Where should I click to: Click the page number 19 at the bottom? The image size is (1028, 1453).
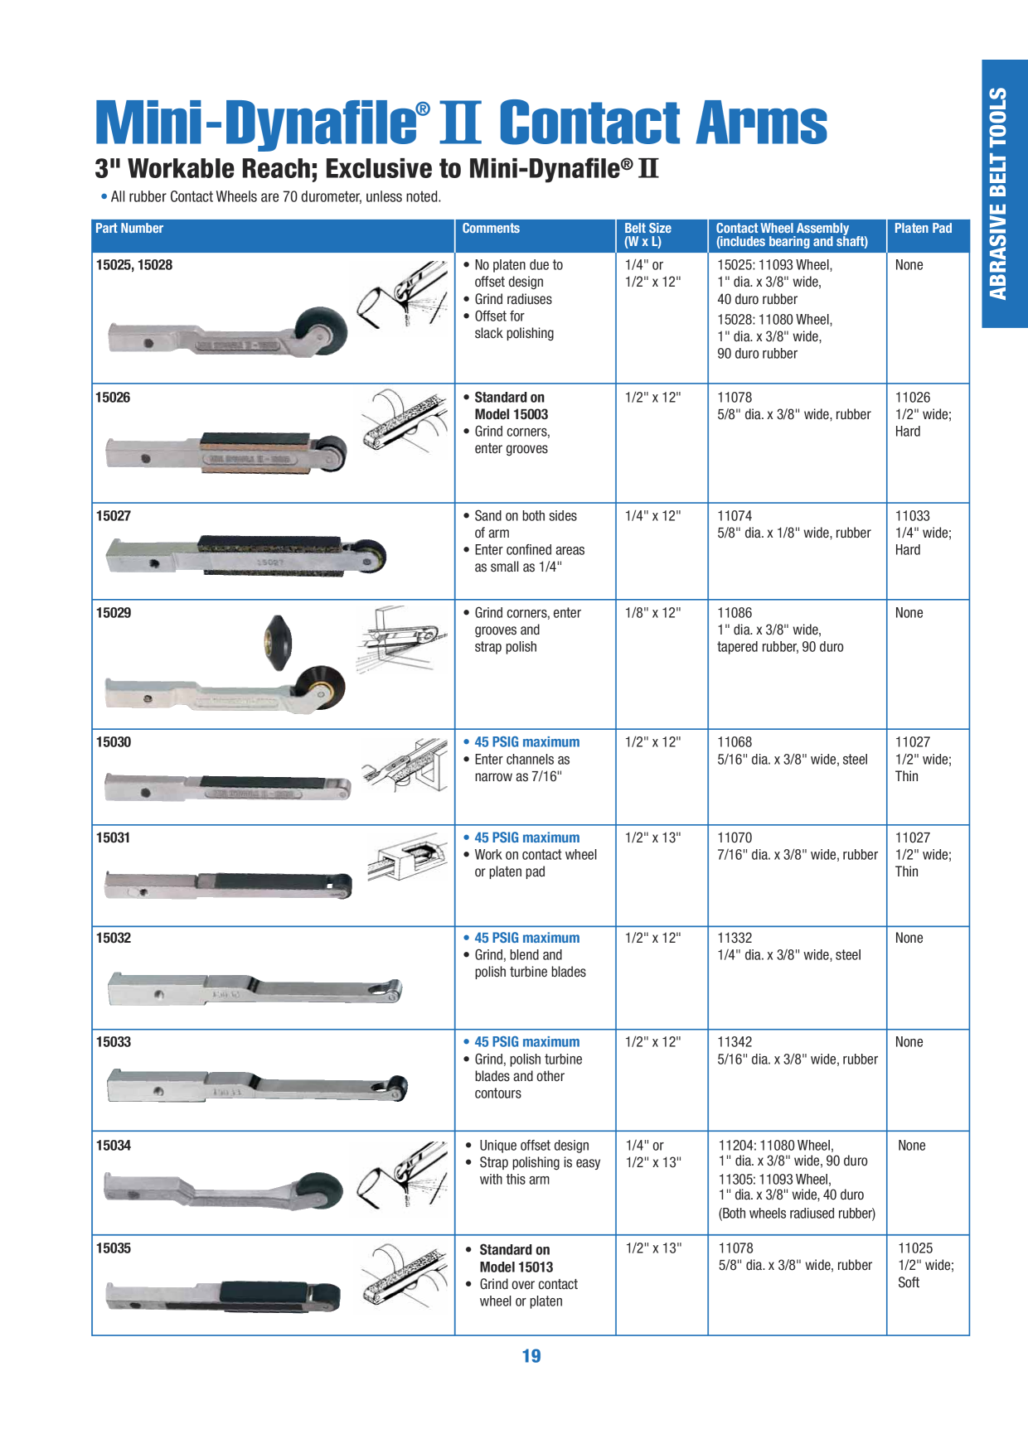click(531, 1356)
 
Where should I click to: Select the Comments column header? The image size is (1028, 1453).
click(491, 229)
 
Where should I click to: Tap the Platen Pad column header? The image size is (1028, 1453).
click(923, 229)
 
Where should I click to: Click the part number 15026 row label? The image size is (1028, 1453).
click(113, 398)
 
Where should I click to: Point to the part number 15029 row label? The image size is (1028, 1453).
click(114, 613)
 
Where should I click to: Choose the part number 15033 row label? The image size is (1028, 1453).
click(114, 1042)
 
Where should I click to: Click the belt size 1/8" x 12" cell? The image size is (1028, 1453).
click(652, 613)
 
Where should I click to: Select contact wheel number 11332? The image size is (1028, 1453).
click(735, 938)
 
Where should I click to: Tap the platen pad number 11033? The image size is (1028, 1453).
click(913, 516)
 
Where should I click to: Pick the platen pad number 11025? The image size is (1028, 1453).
click(915, 1248)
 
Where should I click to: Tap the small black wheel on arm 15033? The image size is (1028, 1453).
click(397, 1088)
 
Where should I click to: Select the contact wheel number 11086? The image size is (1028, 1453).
click(735, 613)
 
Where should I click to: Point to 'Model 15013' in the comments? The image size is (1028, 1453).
click(516, 1267)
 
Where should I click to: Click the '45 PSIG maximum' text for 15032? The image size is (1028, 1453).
click(526, 938)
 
